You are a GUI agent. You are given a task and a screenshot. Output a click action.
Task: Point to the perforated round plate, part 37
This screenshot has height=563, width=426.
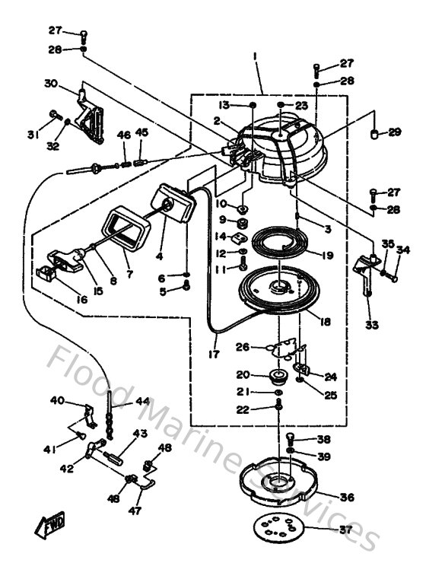(277, 530)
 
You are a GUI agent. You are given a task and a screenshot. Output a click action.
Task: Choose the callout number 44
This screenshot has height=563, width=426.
(143, 401)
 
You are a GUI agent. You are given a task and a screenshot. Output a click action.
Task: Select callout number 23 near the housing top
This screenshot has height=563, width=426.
(301, 106)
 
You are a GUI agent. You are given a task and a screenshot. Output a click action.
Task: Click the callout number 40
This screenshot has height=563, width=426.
(57, 400)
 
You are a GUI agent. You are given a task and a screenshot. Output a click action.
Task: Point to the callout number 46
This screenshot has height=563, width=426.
(124, 135)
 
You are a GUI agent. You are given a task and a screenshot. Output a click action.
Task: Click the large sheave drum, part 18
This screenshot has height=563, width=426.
(278, 293)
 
